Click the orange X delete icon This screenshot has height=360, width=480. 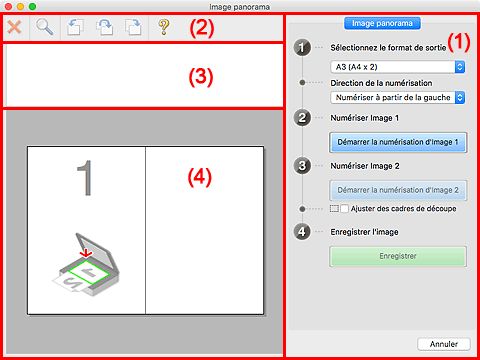point(14,27)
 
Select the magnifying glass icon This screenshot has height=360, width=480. point(44,27)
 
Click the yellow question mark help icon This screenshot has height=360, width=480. point(164,27)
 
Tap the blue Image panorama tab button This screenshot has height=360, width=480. point(382,23)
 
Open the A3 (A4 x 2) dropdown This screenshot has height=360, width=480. point(398,67)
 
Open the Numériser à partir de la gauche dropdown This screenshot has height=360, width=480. point(398,98)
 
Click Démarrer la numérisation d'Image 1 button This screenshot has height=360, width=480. point(398,142)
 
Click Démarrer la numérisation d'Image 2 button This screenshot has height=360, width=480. point(398,190)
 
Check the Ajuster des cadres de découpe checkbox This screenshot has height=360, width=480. point(344,209)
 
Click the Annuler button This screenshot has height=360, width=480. point(444,344)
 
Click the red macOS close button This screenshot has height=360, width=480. point(9,6)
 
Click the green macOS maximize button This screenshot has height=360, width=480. point(32,6)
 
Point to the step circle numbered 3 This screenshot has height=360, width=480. point(302,166)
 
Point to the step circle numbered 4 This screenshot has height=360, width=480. point(302,232)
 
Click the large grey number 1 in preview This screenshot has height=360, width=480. point(85,178)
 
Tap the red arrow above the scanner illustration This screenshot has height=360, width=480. point(86,253)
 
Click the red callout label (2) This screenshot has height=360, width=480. point(202,28)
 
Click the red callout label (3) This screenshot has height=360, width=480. point(201,77)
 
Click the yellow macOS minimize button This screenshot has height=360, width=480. point(20,6)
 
